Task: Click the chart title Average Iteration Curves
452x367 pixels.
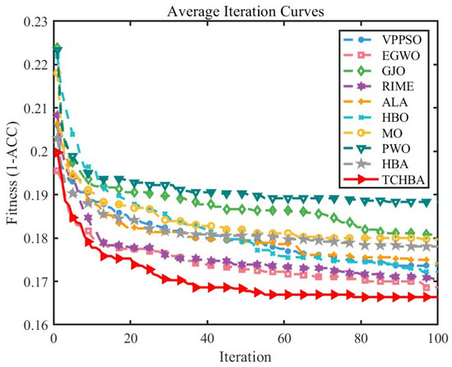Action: pyautogui.click(x=246, y=12)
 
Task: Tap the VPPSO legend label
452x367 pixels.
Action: pyautogui.click(x=402, y=39)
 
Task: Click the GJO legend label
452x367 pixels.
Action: pyautogui.click(x=394, y=71)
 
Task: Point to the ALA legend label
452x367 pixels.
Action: pyautogui.click(x=394, y=102)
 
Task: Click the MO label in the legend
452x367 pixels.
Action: pyautogui.click(x=392, y=133)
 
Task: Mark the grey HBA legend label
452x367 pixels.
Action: pyautogui.click(x=395, y=165)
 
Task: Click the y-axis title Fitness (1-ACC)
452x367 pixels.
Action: pyautogui.click(x=12, y=173)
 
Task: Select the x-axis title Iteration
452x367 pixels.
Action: pyautogui.click(x=246, y=357)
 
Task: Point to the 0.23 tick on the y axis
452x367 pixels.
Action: pyautogui.click(x=35, y=23)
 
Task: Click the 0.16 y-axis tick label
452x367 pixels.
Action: pyautogui.click(x=35, y=326)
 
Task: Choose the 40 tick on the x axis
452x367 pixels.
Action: pyautogui.click(x=208, y=338)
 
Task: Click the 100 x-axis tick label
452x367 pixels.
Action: pyautogui.click(x=438, y=338)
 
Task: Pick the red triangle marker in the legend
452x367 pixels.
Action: pyautogui.click(x=361, y=180)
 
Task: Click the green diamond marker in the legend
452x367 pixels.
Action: pyautogui.click(x=361, y=71)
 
